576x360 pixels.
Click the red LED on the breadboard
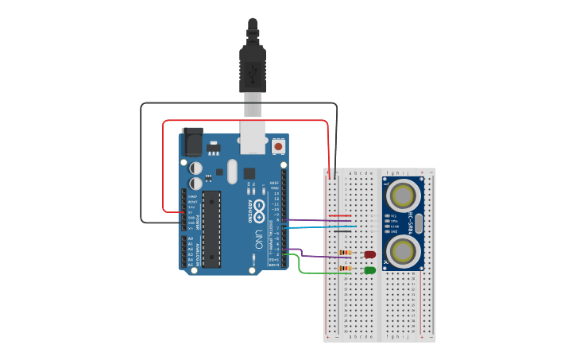369,254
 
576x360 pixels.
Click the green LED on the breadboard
369,270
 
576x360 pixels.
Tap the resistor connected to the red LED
345,253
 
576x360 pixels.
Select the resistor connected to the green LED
345,269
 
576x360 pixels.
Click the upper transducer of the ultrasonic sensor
402,193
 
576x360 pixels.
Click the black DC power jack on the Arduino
192,142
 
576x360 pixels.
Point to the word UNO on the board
259,238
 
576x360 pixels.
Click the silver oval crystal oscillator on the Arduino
232,171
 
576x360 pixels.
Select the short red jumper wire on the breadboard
339,215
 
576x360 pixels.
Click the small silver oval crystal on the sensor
419,223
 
